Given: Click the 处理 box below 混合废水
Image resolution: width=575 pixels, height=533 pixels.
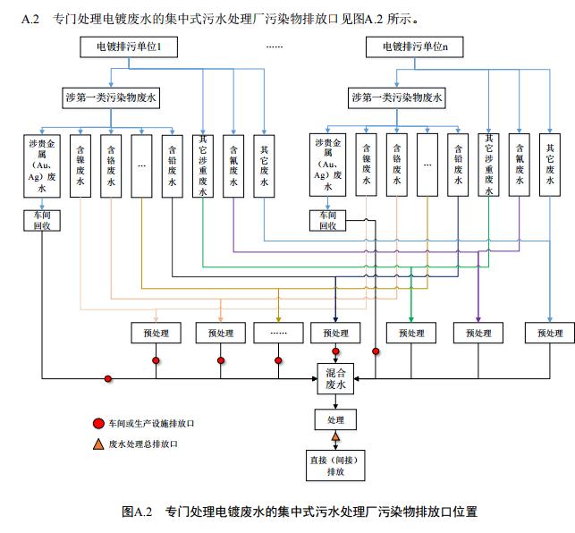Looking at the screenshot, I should click(x=336, y=419).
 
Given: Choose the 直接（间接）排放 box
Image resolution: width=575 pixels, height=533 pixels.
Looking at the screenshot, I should click(x=336, y=465).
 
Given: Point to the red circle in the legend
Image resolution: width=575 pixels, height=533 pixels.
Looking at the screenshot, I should click(x=98, y=423).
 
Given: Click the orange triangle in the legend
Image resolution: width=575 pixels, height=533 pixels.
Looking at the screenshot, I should click(x=98, y=444).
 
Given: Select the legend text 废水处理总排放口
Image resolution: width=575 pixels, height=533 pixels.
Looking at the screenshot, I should click(x=144, y=444).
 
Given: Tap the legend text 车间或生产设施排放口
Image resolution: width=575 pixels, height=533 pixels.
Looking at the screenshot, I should click(x=151, y=423).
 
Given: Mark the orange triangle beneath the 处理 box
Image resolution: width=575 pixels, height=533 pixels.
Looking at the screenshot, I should click(x=336, y=437).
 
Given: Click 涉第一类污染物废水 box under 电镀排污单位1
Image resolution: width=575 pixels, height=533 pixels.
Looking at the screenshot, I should click(x=111, y=97).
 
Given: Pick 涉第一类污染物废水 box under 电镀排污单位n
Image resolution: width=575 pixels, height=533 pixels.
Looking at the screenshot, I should click(x=398, y=97).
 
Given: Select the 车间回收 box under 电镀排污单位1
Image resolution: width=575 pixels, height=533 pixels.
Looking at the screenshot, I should click(x=41, y=220).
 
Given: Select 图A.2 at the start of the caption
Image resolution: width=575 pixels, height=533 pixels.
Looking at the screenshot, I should click(x=140, y=512).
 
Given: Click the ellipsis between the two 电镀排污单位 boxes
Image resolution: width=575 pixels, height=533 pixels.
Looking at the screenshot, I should click(x=274, y=47).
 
